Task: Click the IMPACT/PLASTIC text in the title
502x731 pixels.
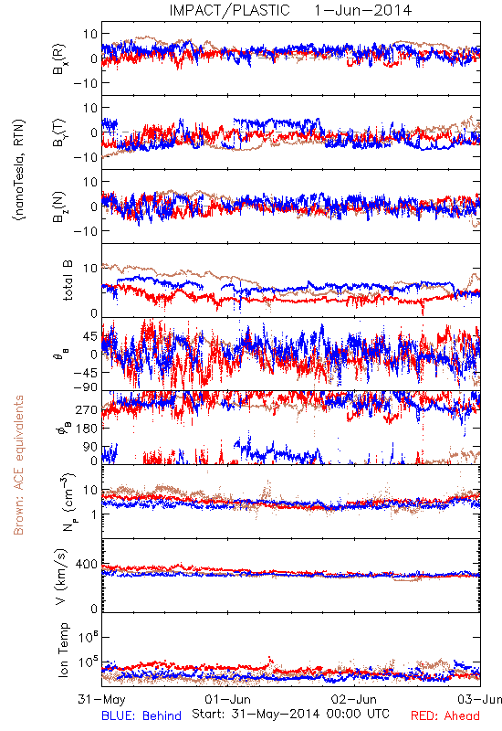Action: coord(229,10)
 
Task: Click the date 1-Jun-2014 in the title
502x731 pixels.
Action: coord(362,10)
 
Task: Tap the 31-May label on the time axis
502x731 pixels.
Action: coord(101,699)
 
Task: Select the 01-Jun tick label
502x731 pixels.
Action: coord(227,699)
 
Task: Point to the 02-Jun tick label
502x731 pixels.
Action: coord(354,699)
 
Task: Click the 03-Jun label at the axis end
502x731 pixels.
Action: coord(480,699)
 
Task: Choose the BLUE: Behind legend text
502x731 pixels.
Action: coord(141,715)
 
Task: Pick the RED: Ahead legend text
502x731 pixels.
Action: coord(445,715)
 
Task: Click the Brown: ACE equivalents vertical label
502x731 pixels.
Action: coord(18,465)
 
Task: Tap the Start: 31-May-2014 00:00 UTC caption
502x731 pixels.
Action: coord(290,714)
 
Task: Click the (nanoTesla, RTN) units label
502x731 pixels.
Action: coord(19,170)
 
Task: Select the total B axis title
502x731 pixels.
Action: coord(67,281)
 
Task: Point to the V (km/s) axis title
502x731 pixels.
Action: coord(61,577)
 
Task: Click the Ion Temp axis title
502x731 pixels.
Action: coord(63,650)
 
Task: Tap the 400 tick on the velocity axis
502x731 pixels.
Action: coord(87,565)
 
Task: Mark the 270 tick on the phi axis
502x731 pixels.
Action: coord(87,409)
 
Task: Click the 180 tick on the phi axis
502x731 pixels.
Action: coord(87,429)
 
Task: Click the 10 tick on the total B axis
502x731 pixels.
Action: coord(90,269)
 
